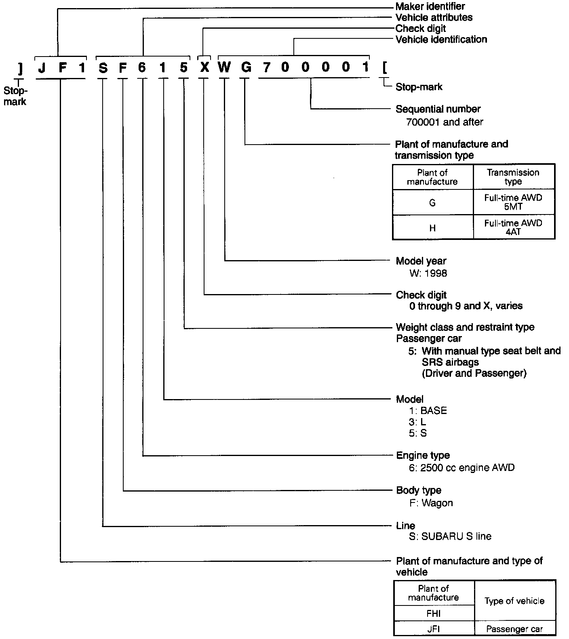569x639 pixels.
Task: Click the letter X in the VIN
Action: tap(204, 67)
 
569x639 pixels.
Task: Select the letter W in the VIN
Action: tap(224, 67)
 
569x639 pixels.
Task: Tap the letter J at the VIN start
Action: tap(42, 67)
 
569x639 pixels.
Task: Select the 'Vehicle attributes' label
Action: tap(434, 17)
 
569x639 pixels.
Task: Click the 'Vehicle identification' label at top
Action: tap(441, 40)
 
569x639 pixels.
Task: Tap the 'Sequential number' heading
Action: tap(438, 109)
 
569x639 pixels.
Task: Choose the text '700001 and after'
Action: tap(445, 122)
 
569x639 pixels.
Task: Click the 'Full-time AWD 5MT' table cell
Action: tap(513, 202)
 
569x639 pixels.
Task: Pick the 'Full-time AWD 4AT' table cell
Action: tap(513, 227)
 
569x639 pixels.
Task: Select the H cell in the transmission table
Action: tap(432, 228)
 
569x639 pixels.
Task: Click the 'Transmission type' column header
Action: tap(513, 177)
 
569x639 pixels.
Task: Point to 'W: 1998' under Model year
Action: tap(428, 273)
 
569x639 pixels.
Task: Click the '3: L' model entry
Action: tap(417, 422)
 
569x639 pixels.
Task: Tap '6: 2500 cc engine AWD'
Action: tap(462, 468)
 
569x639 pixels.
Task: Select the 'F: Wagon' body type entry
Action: tap(431, 503)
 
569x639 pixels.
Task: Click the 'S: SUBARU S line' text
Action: tap(450, 537)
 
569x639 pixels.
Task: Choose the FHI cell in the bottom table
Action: tap(433, 614)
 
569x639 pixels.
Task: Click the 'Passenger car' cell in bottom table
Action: tap(514, 629)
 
